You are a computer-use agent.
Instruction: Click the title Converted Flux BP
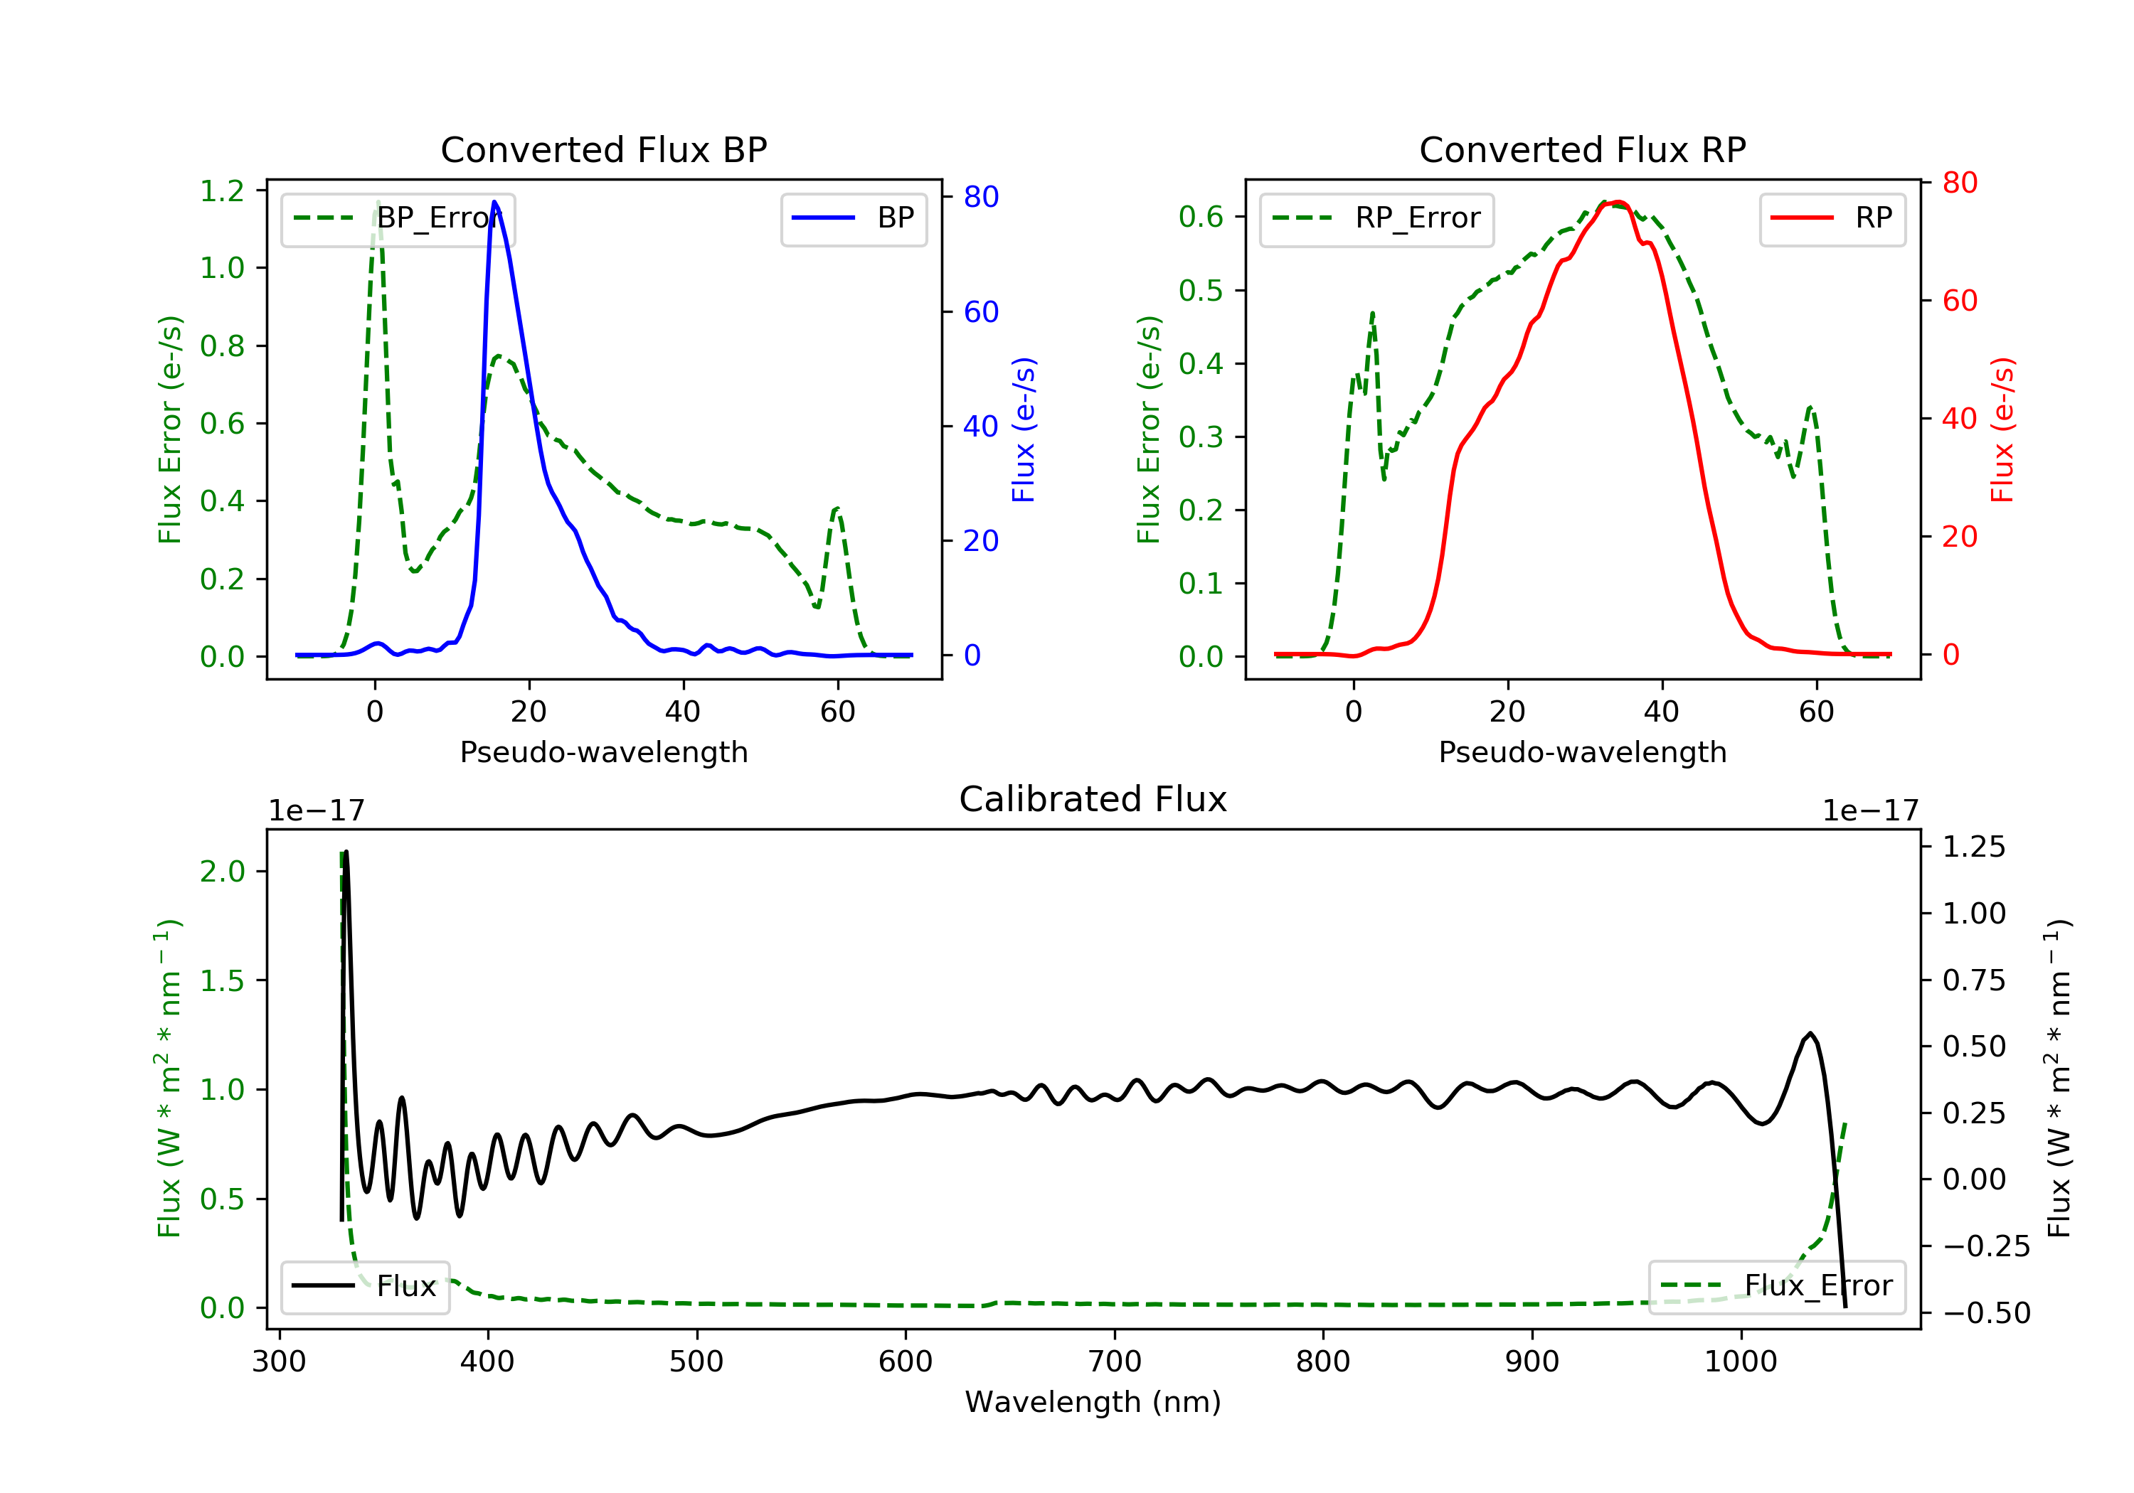pos(603,149)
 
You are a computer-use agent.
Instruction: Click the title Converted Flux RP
pos(1582,149)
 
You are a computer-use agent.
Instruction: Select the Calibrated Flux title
pos(1093,799)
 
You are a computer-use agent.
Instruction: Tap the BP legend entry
pos(853,218)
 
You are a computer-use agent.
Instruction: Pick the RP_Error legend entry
pos(1376,219)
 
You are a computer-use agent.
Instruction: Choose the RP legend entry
pos(1832,218)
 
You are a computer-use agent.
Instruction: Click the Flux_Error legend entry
pos(1776,1287)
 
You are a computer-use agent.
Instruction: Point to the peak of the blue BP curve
pos(494,202)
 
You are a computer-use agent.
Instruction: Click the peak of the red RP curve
pos(1618,202)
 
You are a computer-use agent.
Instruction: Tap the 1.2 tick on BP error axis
pos(222,191)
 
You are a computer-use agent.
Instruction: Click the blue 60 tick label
pos(982,311)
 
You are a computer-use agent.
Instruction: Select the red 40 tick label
pos(1959,418)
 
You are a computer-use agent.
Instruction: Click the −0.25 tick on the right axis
pos(1986,1246)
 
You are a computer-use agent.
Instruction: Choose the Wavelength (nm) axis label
pos(1093,1402)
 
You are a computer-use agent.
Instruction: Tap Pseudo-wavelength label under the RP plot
pos(1582,751)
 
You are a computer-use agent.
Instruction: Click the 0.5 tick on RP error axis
pos(1201,290)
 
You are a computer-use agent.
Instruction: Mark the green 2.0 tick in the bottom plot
pos(222,872)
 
